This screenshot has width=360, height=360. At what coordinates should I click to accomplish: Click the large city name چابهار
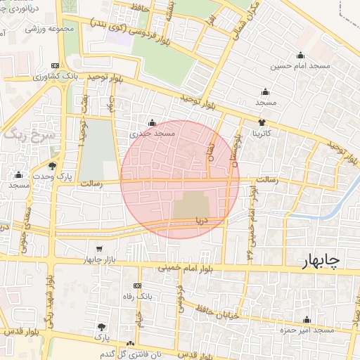(x=320, y=261)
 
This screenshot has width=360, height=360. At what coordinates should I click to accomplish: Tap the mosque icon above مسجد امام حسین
(x=302, y=56)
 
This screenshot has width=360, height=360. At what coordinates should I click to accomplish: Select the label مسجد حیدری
(x=152, y=132)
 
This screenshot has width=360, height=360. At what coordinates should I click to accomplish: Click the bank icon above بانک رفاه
(x=137, y=285)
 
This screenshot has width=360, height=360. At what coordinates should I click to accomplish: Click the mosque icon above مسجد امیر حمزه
(x=307, y=320)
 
